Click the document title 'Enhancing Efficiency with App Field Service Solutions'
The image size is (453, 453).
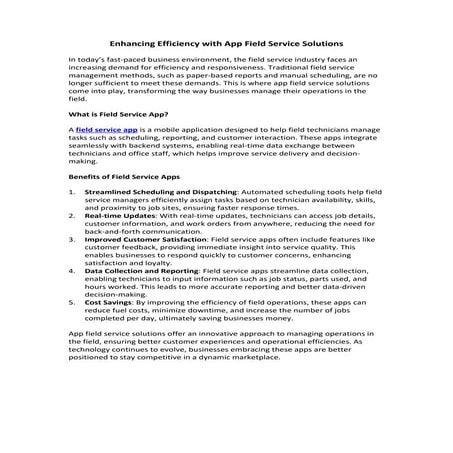tap(226, 44)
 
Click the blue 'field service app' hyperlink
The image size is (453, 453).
tap(107, 130)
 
